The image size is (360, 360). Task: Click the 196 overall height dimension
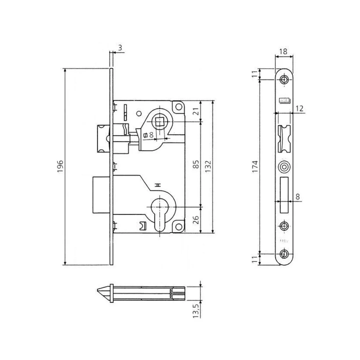(x=60, y=166)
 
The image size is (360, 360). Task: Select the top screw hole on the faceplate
(x=283, y=79)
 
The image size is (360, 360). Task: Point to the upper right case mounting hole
(x=179, y=106)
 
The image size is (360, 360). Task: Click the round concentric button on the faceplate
(x=283, y=167)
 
